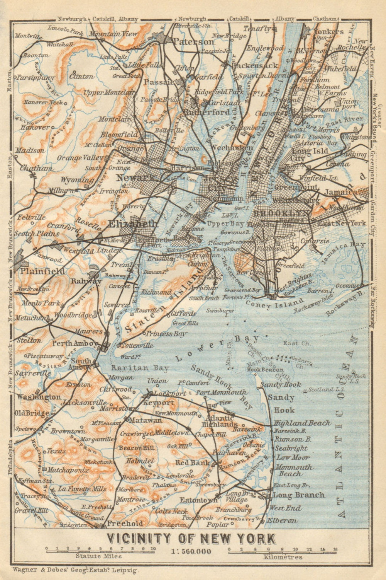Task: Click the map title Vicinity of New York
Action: (191, 538)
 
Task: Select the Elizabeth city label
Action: (133, 224)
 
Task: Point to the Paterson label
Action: (194, 41)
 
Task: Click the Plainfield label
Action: (43, 271)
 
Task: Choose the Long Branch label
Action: (299, 495)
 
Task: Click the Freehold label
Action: (124, 524)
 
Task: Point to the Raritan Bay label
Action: (140, 368)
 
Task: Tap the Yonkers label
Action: (329, 31)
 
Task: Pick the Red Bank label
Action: (193, 462)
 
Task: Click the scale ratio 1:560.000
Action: (191, 551)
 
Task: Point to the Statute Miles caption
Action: (98, 556)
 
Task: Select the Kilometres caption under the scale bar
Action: (283, 557)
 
